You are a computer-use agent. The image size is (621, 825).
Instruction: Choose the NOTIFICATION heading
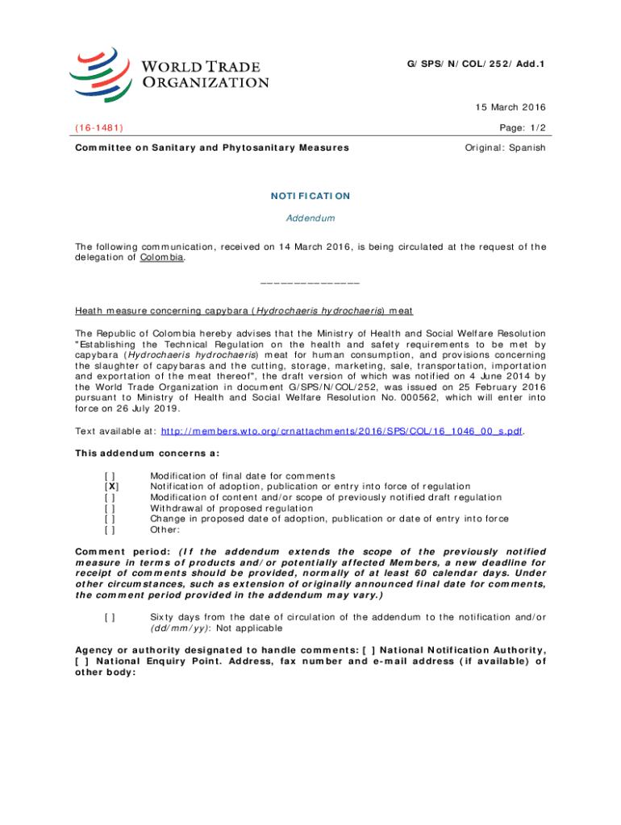tap(310, 196)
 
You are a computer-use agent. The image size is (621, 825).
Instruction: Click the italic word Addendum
tap(310, 218)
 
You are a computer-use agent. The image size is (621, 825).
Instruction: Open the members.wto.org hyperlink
tap(342, 431)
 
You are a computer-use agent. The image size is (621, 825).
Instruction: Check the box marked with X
tap(111, 487)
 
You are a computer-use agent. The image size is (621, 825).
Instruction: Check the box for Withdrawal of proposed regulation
tap(111, 508)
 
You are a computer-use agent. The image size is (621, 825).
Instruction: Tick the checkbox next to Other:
tap(111, 530)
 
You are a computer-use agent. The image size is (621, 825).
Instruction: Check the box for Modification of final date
tap(111, 475)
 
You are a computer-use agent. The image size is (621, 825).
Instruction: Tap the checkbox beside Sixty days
tap(111, 617)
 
